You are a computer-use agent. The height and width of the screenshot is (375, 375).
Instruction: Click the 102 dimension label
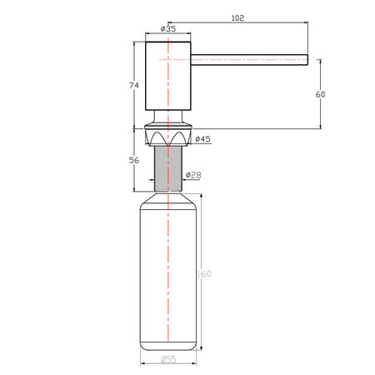(237, 18)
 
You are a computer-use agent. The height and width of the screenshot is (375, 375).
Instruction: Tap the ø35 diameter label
(168, 28)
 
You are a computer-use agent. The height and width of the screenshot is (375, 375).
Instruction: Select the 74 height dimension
(134, 85)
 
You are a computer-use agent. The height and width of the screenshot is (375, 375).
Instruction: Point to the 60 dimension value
(320, 94)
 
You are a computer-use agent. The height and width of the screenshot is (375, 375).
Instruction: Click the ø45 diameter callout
(202, 138)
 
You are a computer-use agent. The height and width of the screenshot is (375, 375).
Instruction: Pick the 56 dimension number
(134, 160)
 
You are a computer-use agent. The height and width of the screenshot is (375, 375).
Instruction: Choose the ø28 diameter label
(193, 175)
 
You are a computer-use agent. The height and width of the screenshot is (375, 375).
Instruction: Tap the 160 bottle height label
(204, 274)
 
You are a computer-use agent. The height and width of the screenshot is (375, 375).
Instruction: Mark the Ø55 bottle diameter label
(168, 360)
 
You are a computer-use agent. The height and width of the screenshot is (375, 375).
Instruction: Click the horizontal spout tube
(249, 60)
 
